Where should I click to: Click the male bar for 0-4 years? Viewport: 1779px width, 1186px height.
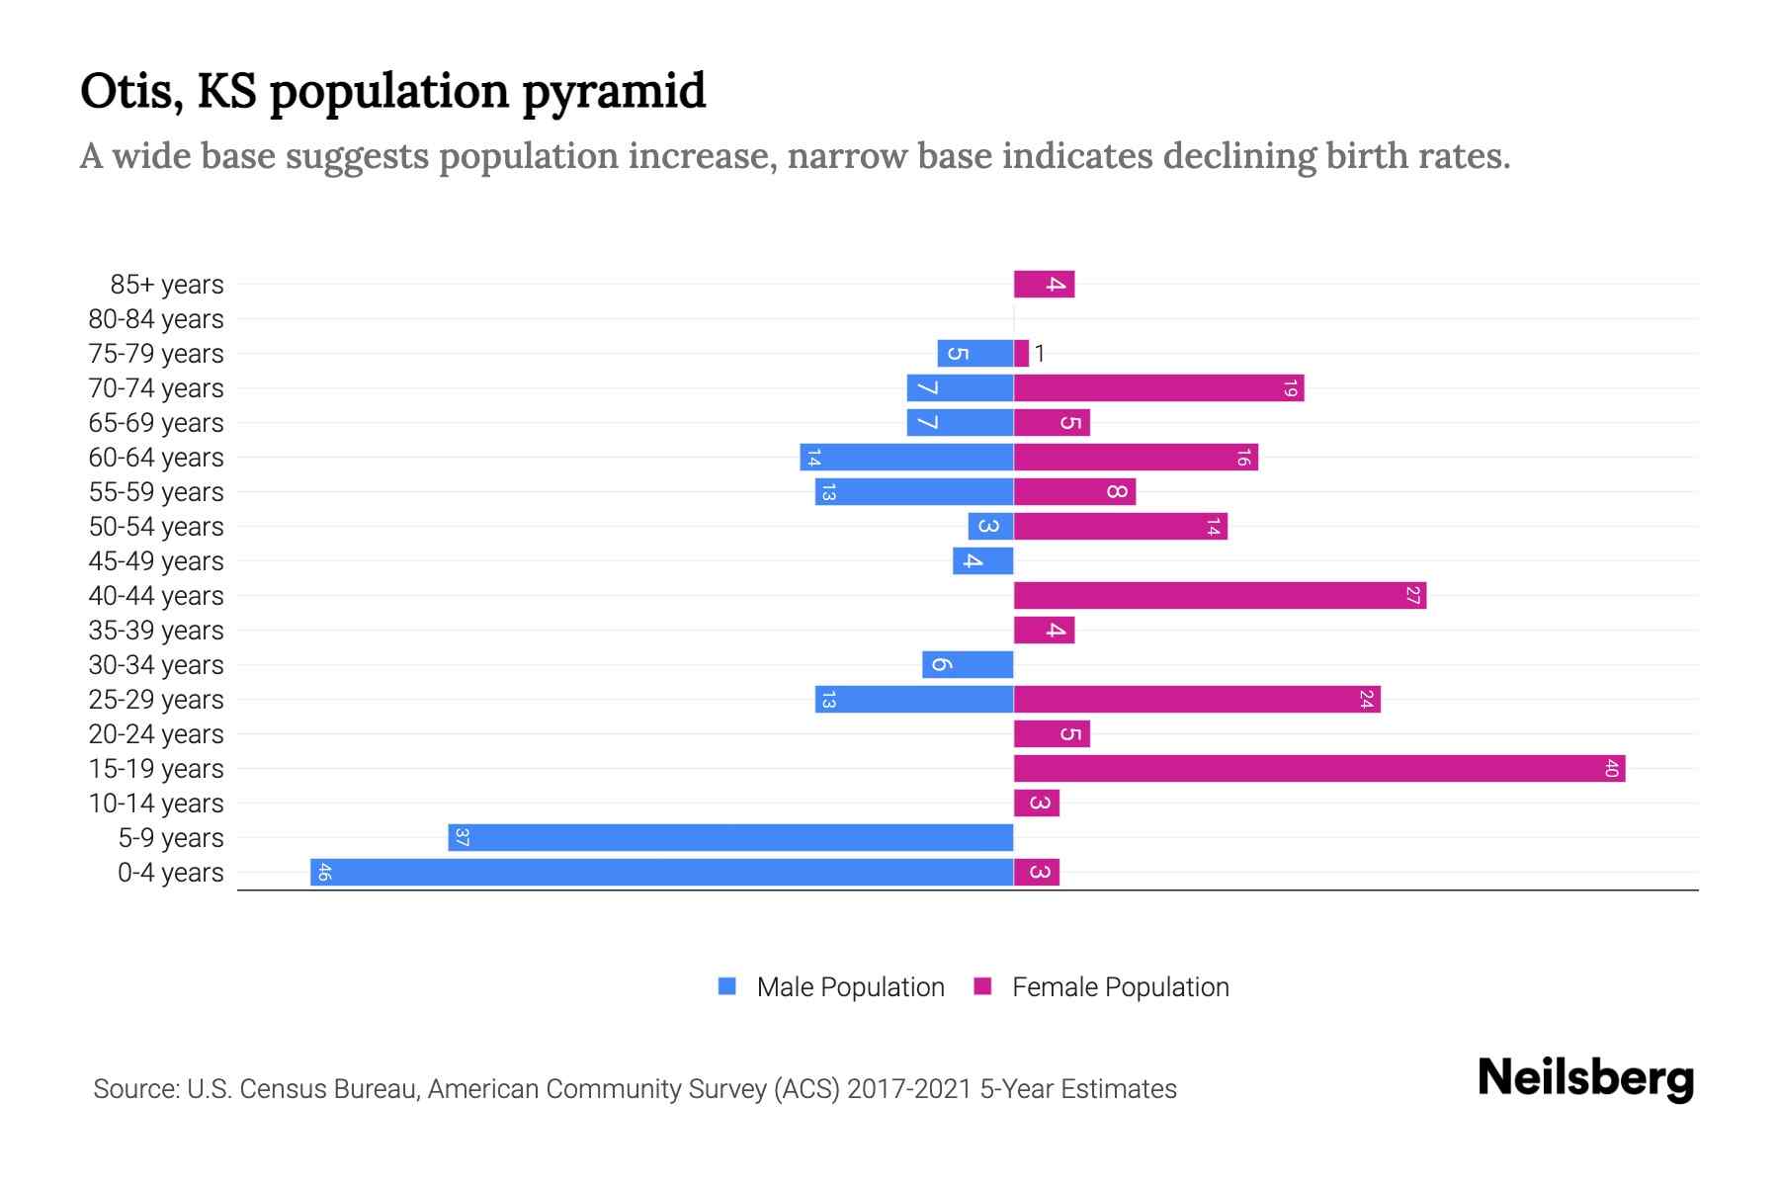click(x=662, y=872)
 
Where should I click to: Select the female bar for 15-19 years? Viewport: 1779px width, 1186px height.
click(x=1319, y=768)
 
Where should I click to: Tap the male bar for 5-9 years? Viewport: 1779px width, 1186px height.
click(x=731, y=837)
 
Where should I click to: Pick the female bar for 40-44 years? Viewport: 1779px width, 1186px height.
click(x=1220, y=595)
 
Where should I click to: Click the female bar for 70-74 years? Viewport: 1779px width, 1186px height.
click(x=1158, y=387)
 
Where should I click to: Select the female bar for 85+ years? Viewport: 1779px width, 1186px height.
click(x=1044, y=284)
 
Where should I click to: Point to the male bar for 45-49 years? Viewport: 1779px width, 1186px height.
click(x=983, y=560)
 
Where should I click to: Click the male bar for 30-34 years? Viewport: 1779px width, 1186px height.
click(x=968, y=664)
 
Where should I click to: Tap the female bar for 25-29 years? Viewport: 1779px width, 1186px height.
click(x=1197, y=699)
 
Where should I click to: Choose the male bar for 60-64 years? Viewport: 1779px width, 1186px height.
click(x=906, y=457)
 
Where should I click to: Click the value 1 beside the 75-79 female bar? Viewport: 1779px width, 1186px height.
click(x=1040, y=354)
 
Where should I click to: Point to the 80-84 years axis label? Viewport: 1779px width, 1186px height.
click(x=156, y=319)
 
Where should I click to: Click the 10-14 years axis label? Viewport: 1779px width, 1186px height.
click(x=156, y=804)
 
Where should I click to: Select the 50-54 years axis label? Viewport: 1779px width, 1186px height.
click(x=156, y=527)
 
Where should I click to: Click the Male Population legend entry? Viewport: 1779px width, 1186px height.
click(x=850, y=986)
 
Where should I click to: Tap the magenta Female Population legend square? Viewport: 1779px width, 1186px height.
click(x=982, y=986)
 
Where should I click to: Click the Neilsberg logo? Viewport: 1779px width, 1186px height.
click(x=1585, y=1077)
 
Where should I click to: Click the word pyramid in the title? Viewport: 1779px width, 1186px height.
click(x=614, y=91)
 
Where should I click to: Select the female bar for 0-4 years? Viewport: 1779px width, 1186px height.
click(x=1037, y=872)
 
